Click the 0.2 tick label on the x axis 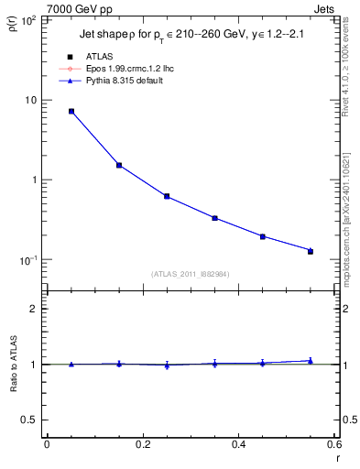point(142,445)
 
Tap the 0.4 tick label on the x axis point(238,445)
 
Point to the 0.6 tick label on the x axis point(333,445)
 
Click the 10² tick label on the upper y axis point(30,20)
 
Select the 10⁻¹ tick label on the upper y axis point(29,260)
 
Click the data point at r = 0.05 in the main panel point(71,111)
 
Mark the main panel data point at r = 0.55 point(311,250)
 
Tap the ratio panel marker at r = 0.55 point(311,361)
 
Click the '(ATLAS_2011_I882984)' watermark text point(191,274)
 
